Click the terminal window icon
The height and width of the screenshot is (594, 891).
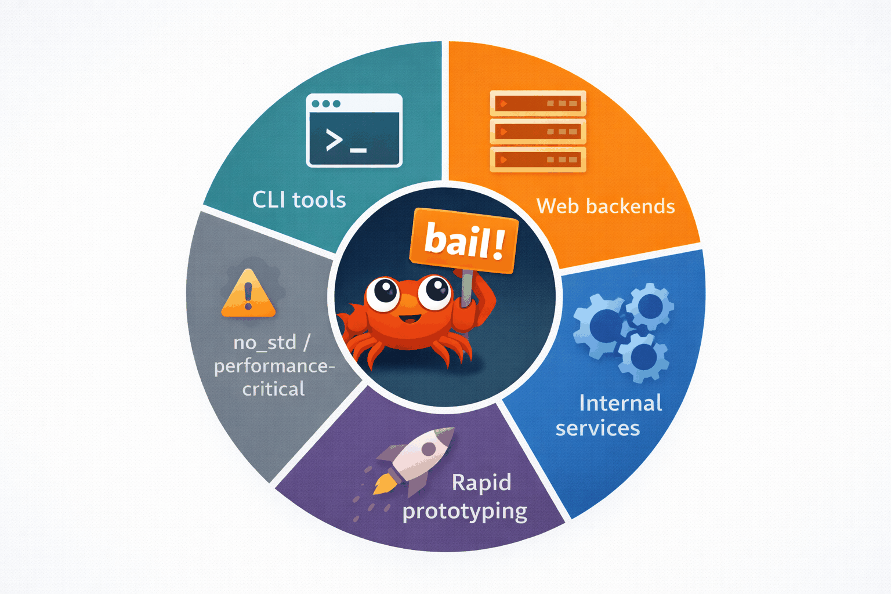tap(354, 131)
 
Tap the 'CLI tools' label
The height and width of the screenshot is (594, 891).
tap(299, 200)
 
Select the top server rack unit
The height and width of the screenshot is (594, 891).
tap(538, 103)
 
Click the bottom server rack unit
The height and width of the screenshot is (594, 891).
tap(538, 160)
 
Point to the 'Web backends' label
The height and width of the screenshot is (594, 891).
tap(606, 207)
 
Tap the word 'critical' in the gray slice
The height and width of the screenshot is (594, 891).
tap(273, 389)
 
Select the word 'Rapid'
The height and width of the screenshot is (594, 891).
tap(481, 483)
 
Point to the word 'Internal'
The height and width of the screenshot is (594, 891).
tap(620, 403)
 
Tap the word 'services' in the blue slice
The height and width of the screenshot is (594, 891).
tap(597, 429)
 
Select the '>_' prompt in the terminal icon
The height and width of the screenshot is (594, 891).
tap(346, 141)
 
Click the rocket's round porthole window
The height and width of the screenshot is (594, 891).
tap(429, 448)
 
